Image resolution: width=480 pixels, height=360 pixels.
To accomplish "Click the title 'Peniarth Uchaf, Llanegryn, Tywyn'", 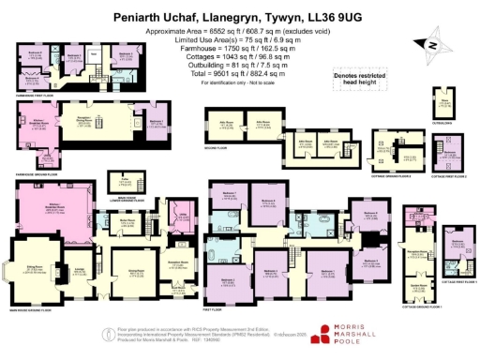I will click(240, 17).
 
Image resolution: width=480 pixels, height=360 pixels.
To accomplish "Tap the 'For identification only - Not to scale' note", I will click(240, 83).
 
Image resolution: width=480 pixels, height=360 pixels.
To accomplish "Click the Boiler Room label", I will click(123, 222).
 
